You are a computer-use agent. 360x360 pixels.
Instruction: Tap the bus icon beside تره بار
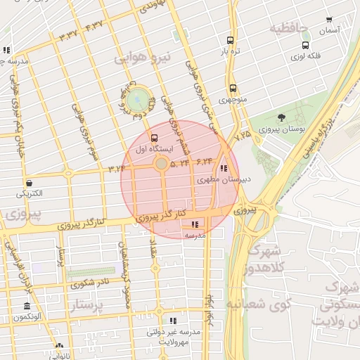tap(230, 41)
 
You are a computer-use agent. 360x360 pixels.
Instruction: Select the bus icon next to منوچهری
tap(233, 89)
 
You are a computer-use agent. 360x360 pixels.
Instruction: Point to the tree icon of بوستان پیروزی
tap(282, 117)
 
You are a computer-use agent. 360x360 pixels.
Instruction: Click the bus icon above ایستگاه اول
tap(155, 138)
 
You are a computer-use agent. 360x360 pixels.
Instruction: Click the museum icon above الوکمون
tap(27, 307)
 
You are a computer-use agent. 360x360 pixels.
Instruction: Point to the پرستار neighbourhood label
tap(87, 307)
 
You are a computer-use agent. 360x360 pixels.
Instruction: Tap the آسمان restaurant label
tap(328, 30)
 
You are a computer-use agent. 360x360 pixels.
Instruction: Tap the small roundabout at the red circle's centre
tap(161, 164)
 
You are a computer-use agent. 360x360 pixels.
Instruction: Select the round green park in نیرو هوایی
tap(138, 98)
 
